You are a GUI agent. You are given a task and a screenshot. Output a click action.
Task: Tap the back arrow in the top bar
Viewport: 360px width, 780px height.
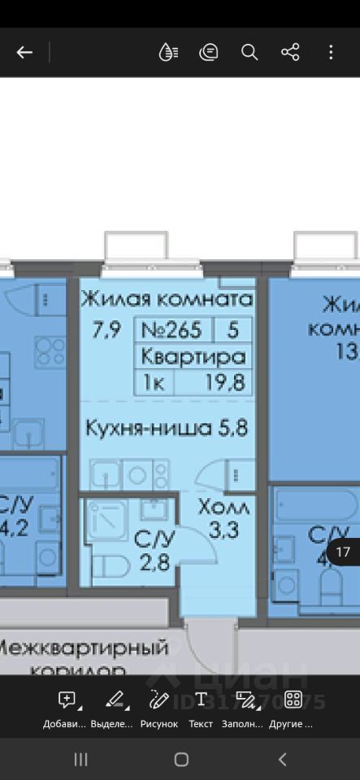[24, 53]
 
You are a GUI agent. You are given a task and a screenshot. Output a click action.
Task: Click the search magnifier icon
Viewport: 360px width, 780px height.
[249, 53]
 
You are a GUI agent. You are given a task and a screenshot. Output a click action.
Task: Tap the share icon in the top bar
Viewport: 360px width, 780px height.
[290, 53]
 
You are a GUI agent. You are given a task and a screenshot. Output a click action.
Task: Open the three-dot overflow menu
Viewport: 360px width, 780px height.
[331, 53]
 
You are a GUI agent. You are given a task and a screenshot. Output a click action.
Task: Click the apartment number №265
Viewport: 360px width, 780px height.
[172, 331]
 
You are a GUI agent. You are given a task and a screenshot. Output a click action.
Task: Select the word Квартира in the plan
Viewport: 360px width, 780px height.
[193, 357]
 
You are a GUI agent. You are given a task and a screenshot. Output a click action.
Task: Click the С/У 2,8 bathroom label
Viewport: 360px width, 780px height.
[154, 549]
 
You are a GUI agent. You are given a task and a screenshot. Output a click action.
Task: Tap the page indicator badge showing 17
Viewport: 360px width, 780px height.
[343, 552]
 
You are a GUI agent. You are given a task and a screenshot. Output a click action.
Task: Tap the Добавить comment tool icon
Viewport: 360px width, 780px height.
[67, 700]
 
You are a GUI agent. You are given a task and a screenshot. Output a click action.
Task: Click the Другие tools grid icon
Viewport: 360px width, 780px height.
[293, 700]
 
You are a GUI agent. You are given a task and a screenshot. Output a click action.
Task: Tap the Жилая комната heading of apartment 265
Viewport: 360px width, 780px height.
[167, 300]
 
